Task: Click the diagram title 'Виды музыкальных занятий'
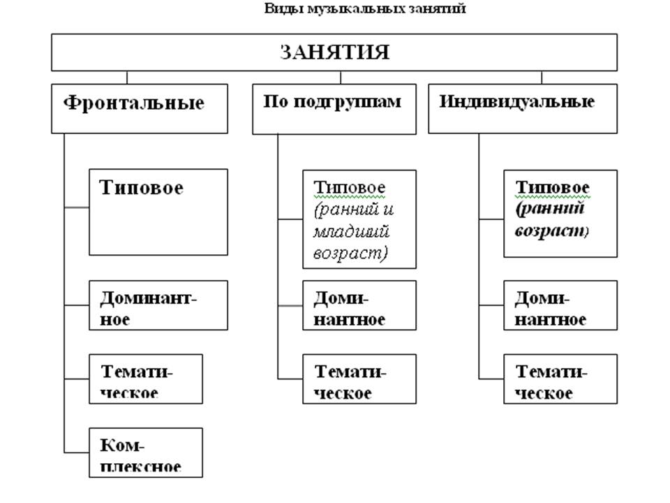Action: (x=364, y=8)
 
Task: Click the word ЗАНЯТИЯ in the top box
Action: (x=334, y=52)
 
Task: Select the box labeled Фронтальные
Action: (x=140, y=109)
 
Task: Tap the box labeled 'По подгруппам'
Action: (x=334, y=109)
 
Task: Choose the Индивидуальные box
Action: (x=523, y=109)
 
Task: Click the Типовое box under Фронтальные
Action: (x=158, y=212)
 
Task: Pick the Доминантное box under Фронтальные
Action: (x=158, y=305)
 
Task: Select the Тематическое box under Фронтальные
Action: (x=146, y=379)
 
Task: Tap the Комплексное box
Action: (x=146, y=453)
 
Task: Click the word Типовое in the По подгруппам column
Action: (x=350, y=187)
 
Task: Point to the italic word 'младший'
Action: (x=351, y=231)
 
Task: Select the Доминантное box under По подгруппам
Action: (x=359, y=305)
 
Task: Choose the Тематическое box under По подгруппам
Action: (x=359, y=379)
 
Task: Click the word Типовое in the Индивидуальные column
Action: (x=553, y=187)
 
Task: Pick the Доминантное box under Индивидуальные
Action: (x=560, y=305)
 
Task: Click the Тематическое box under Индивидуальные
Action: (x=560, y=379)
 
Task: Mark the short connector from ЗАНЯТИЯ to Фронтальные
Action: (x=127, y=78)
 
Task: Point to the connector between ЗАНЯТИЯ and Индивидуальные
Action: (x=542, y=78)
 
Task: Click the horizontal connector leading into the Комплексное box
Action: (x=77, y=452)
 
